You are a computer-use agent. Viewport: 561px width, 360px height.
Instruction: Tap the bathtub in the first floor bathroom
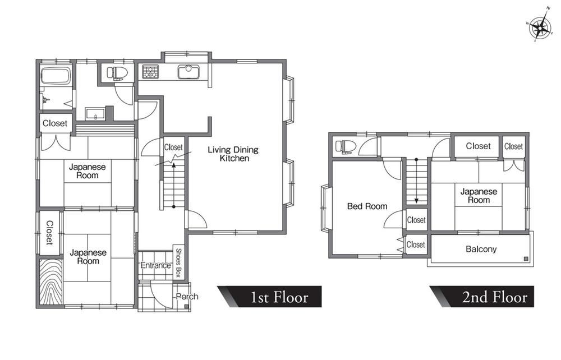click(x=56, y=76)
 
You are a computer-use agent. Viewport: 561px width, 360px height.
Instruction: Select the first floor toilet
click(x=117, y=73)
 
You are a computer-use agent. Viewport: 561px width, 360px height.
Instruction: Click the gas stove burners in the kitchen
click(x=150, y=71)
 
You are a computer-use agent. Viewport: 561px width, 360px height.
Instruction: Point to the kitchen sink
click(x=188, y=72)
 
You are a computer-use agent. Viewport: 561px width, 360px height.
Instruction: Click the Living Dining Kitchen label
click(x=233, y=154)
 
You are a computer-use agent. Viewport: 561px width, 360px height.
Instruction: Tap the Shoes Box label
click(x=178, y=263)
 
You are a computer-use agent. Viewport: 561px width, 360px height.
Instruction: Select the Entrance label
click(x=155, y=265)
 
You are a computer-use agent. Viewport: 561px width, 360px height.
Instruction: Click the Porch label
click(x=187, y=297)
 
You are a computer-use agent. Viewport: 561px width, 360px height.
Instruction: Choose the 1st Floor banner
click(x=269, y=297)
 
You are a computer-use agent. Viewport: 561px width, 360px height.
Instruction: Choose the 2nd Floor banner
click(x=481, y=297)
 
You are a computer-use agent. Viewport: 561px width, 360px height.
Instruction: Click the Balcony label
click(x=481, y=249)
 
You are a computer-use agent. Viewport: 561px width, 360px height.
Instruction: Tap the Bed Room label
click(x=367, y=206)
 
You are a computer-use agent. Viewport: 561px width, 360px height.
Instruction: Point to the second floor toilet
click(x=346, y=146)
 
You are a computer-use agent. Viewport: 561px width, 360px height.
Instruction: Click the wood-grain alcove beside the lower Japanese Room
click(x=50, y=281)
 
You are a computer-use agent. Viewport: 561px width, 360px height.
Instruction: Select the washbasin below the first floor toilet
click(x=95, y=114)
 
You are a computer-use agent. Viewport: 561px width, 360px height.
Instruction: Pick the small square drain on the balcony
click(x=526, y=259)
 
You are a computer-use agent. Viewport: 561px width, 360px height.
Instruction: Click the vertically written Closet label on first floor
click(x=49, y=233)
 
